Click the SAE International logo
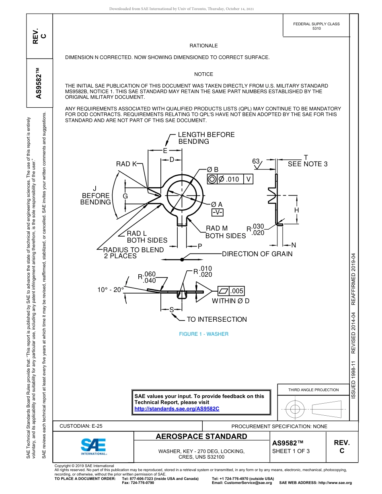(93, 446)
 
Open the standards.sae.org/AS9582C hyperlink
(177, 408)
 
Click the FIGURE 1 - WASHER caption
(203, 334)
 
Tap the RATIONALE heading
(203, 46)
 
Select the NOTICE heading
(203, 74)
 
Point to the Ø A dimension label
(217, 204)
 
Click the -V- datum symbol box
(217, 212)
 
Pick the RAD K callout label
(126, 164)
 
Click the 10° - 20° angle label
(111, 289)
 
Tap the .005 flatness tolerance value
(237, 291)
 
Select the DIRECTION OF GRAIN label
(257, 254)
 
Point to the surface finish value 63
(256, 161)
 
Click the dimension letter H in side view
(296, 210)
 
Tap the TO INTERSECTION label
(217, 319)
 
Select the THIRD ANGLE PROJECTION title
(313, 390)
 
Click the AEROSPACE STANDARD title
(201, 437)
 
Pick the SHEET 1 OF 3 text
(291, 451)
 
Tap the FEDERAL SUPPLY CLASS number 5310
(316, 29)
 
